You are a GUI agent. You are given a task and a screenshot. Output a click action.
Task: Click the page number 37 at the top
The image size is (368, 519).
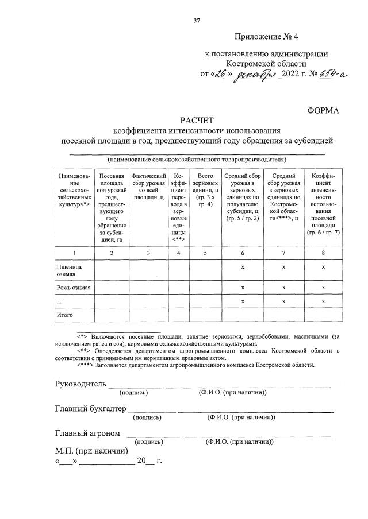197,21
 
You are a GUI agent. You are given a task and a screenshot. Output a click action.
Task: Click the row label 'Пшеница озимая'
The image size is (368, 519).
68,270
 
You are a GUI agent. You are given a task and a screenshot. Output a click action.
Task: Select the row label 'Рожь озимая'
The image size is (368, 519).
73,287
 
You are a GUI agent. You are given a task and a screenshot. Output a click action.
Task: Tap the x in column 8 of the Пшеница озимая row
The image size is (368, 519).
324,267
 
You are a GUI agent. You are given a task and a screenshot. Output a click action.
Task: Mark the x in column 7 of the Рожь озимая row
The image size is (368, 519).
283,287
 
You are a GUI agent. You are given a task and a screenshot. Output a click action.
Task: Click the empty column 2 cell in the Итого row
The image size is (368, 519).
112,315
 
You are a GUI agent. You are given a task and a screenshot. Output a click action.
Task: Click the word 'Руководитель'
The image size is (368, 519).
80,384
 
